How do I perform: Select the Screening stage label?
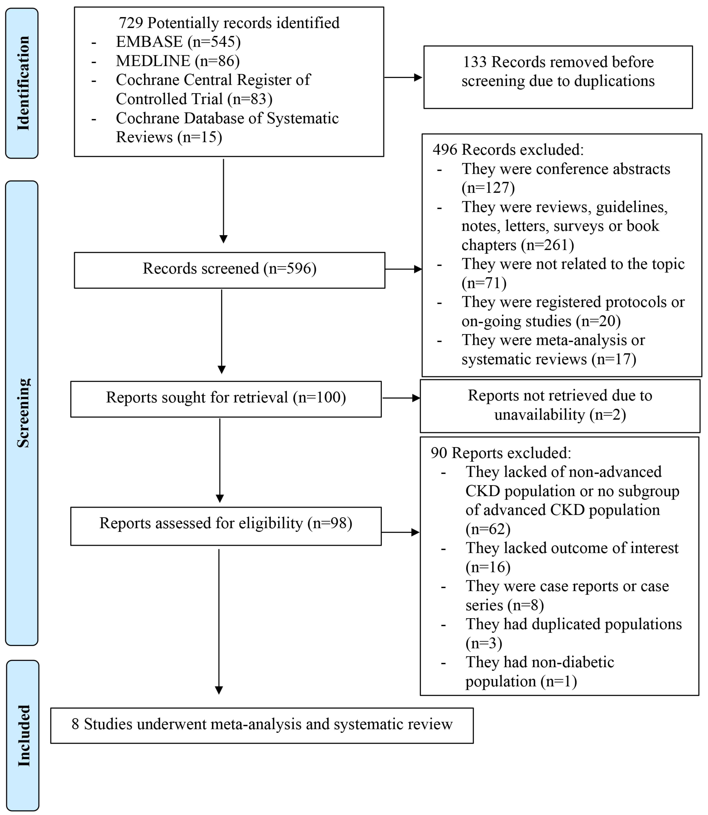(x=23, y=413)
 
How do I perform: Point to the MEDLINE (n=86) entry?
(x=177, y=61)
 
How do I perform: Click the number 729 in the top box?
(x=131, y=23)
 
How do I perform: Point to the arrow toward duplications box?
(x=403, y=77)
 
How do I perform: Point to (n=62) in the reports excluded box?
(x=488, y=529)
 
